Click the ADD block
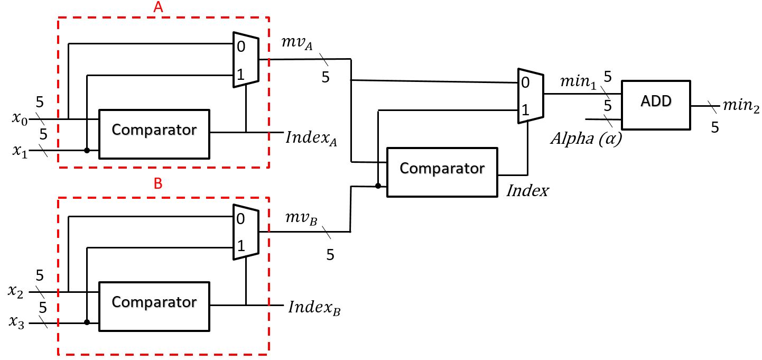(x=656, y=105)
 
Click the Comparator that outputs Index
(x=442, y=172)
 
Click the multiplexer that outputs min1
(x=530, y=96)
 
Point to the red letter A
(x=158, y=7)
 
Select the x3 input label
(x=16, y=321)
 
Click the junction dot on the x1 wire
(x=87, y=151)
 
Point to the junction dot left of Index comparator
(x=377, y=186)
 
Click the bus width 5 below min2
(x=714, y=127)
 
